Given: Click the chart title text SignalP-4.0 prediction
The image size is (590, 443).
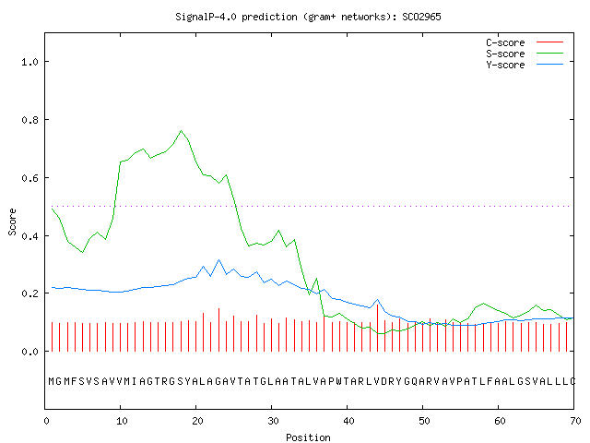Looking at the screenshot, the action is [236, 18].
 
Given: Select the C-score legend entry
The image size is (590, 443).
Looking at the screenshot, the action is [525, 42].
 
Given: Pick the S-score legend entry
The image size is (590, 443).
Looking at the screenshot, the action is [525, 54].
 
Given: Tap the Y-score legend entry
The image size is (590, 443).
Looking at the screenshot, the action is [525, 65].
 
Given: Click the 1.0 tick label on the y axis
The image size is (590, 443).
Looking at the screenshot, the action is [30, 62].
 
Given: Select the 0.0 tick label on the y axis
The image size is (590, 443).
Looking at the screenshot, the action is [30, 352].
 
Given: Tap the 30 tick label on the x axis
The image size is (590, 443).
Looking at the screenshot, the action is [273, 421].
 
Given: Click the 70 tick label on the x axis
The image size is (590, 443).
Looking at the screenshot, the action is [575, 421].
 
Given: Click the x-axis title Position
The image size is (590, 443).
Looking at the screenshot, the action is [308, 437].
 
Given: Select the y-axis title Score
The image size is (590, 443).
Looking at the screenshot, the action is [12, 221].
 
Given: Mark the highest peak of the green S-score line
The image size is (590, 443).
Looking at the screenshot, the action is [181, 131].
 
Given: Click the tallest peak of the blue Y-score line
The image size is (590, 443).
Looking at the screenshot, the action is [219, 259].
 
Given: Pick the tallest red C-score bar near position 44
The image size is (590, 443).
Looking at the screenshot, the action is [377, 328].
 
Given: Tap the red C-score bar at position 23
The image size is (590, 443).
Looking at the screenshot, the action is [219, 329].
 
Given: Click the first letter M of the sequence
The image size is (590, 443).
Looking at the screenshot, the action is [52, 381].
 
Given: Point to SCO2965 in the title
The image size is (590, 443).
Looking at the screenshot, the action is [421, 18].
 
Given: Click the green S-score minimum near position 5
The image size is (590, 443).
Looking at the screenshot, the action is [82, 252].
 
